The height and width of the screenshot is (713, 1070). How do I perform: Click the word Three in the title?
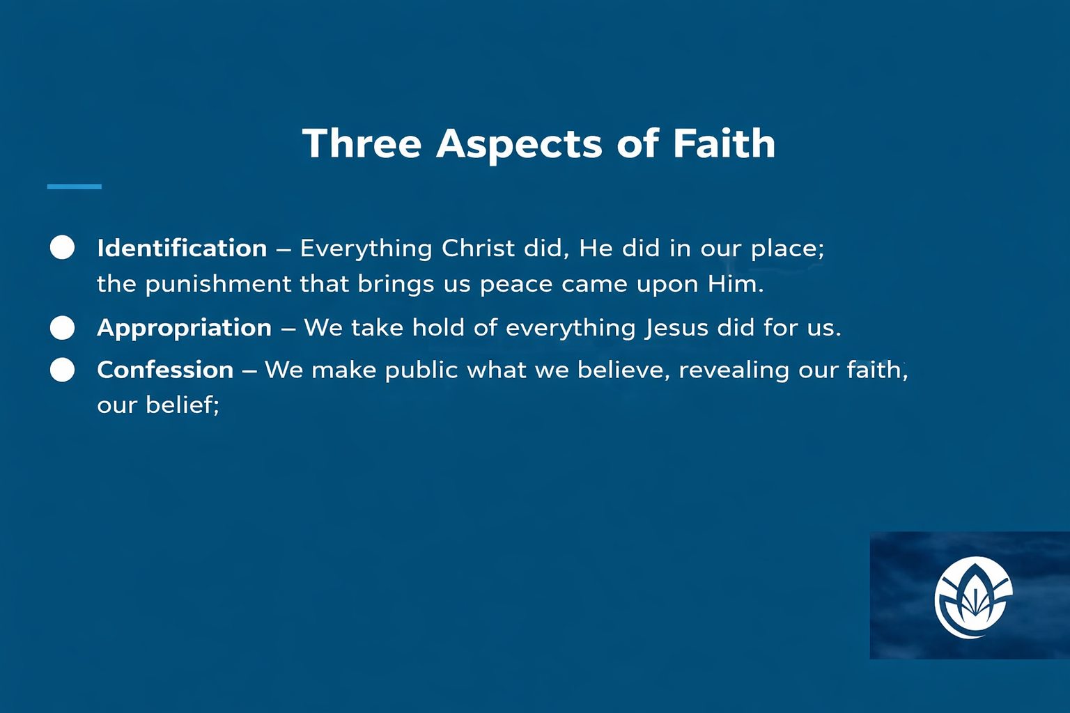tap(362, 143)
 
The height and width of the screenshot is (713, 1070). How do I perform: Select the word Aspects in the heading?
tap(519, 146)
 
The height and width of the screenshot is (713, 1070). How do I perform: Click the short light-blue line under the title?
tap(74, 186)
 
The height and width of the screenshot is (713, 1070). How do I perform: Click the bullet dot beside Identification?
tap(62, 247)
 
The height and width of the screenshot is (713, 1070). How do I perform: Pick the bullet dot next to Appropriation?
tap(62, 328)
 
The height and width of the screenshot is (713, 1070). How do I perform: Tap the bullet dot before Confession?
tap(62, 370)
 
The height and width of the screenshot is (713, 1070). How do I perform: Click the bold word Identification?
tap(182, 248)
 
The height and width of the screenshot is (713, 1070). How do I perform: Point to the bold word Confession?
tap(165, 370)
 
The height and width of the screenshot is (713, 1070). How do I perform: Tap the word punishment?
tap(218, 284)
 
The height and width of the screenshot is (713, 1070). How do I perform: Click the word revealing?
tap(734, 370)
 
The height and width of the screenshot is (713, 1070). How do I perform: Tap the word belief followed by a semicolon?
tap(182, 405)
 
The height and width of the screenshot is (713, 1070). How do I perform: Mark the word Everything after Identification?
tap(366, 249)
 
